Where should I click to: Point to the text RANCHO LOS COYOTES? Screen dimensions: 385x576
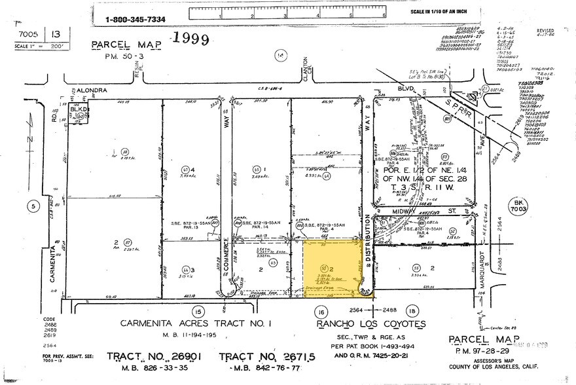pos(371,324)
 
